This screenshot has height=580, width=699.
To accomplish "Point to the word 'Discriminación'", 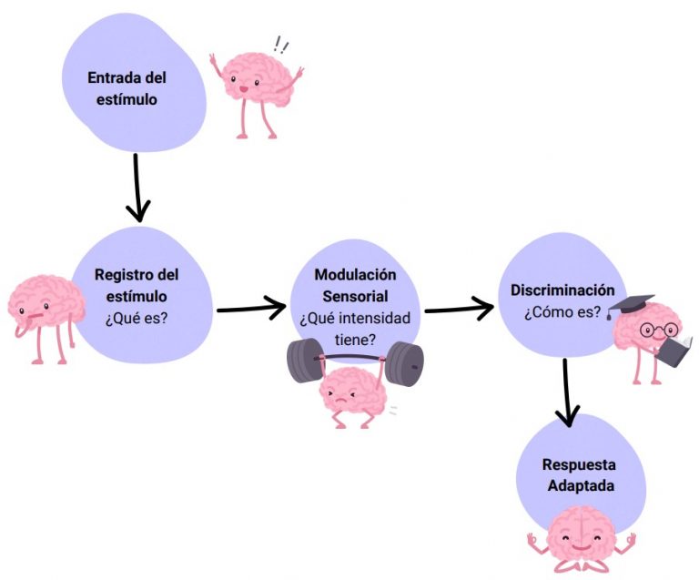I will [556, 290].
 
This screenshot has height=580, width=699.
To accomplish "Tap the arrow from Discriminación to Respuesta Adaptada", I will [567, 392].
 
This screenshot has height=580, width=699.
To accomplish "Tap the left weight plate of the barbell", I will [302, 361].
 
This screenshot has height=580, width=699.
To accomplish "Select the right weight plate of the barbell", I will [406, 363].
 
